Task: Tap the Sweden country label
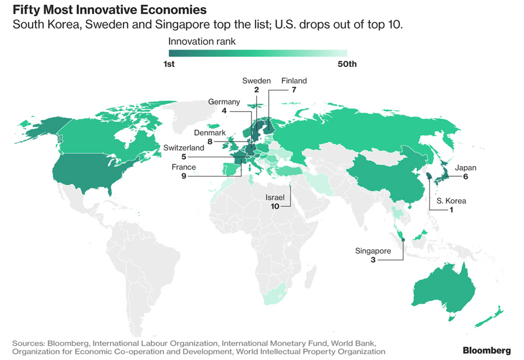click(x=256, y=81)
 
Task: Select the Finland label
click(x=293, y=81)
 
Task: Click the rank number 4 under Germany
click(x=224, y=111)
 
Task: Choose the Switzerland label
click(x=184, y=148)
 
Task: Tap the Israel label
click(x=274, y=197)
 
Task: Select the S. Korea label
click(x=452, y=201)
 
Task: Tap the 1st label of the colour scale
click(x=169, y=64)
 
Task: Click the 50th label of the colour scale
click(x=347, y=64)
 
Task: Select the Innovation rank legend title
click(x=201, y=41)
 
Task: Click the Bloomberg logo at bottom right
click(x=487, y=350)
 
